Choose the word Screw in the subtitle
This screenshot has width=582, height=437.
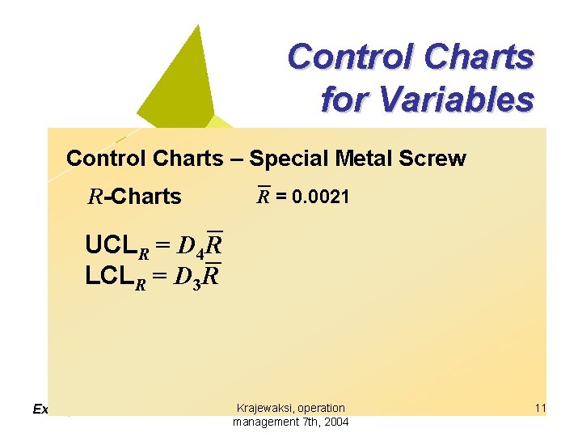click(x=436, y=158)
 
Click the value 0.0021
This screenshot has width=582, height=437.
click(x=321, y=196)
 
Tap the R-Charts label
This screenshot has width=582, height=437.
click(x=134, y=197)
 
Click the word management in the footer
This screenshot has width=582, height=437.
click(x=263, y=422)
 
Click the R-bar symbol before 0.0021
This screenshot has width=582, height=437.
click(x=264, y=195)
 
